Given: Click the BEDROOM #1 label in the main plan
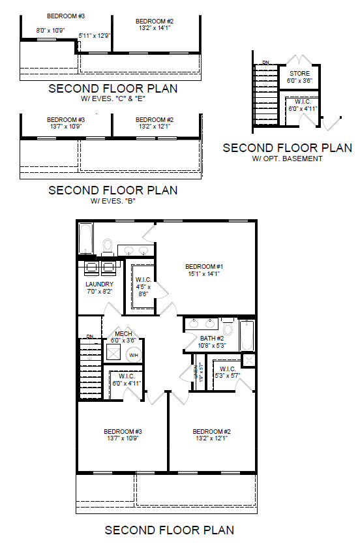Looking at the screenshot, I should (x=204, y=266).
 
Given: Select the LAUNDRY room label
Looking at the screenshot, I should (x=100, y=284).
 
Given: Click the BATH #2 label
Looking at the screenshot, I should (x=212, y=338).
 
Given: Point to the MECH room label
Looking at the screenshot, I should (x=123, y=333).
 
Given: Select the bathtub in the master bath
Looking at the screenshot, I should (x=85, y=239).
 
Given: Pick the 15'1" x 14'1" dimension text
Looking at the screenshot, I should (x=204, y=274).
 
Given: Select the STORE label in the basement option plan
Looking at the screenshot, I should (x=299, y=73).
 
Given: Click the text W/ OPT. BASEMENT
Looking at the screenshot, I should (x=287, y=159).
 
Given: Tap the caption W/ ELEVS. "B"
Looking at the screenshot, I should (x=113, y=201).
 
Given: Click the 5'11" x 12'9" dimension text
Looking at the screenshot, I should (x=94, y=36).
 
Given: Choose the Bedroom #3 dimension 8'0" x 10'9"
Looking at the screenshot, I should (x=50, y=30).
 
